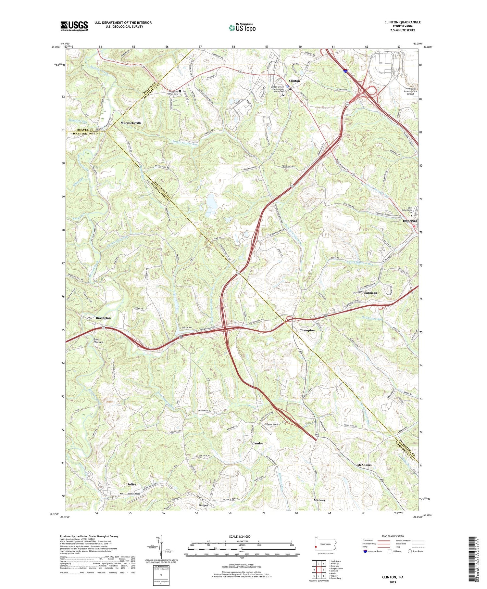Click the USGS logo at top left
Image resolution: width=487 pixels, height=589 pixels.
click(74, 26)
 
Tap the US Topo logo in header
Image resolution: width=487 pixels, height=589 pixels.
click(242, 28)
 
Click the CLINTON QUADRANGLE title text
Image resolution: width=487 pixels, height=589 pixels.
click(403, 22)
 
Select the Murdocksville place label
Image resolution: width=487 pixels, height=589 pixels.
click(131, 123)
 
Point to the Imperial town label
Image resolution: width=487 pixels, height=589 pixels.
click(409, 221)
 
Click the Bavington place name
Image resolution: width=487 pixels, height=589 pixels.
click(103, 318)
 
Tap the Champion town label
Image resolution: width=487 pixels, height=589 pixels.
click(307, 330)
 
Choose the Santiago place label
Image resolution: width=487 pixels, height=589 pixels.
click(370, 293)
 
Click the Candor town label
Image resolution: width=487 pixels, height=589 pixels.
click(258, 443)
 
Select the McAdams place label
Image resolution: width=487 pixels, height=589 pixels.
click(364, 465)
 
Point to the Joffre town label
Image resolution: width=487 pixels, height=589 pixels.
click(131, 484)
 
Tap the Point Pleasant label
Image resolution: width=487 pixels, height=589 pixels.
click(98, 340)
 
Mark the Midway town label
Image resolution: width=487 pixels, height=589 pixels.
click(319, 500)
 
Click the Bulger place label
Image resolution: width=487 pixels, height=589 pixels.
click(203, 505)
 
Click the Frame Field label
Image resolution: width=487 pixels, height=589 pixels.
click(271, 424)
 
